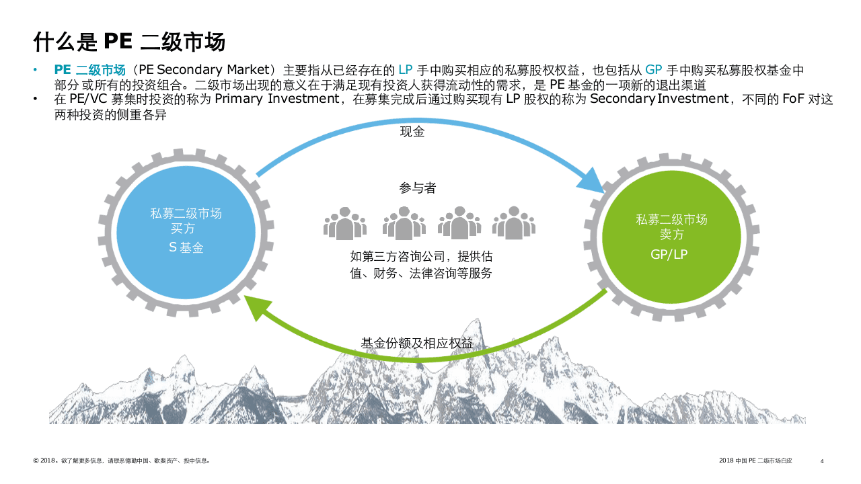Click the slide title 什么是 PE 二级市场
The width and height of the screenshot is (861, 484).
tap(129, 42)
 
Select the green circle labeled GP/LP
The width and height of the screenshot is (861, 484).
tap(671, 237)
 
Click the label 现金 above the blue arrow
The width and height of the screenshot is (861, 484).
tap(412, 132)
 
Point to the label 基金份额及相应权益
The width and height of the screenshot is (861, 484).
tap(417, 343)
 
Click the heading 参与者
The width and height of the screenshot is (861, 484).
tap(417, 188)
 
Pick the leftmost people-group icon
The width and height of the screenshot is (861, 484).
tap(345, 223)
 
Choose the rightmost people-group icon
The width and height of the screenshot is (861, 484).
tap(513, 223)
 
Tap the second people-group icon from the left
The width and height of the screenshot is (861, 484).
tap(404, 223)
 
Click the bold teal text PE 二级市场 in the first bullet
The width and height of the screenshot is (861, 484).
tap(90, 70)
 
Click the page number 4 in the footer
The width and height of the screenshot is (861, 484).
tap(822, 461)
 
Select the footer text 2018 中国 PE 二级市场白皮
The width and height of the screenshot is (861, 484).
tap(755, 461)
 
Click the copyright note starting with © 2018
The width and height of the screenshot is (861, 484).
tap(122, 461)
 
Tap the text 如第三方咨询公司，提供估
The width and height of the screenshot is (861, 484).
tap(416, 257)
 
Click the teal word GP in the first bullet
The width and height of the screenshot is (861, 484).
tap(654, 70)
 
